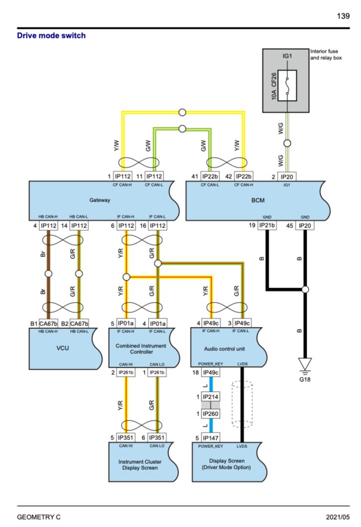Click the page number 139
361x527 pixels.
click(x=343, y=16)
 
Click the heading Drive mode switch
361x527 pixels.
click(x=51, y=35)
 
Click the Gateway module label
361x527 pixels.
click(x=100, y=200)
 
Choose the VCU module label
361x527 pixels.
click(x=62, y=348)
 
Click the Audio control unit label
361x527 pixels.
click(x=225, y=349)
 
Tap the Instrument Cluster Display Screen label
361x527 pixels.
click(x=138, y=465)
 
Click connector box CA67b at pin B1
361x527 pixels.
click(x=49, y=323)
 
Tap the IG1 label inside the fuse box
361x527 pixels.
click(x=287, y=57)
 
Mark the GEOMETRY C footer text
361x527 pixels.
click(x=39, y=517)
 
